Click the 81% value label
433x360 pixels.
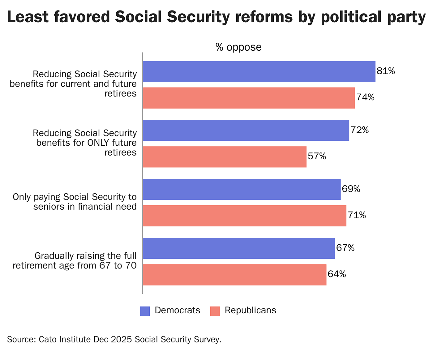click(x=386, y=71)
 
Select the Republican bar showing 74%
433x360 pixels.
click(x=249, y=98)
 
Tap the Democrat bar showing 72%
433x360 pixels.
click(x=246, y=130)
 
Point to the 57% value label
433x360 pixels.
click(x=317, y=156)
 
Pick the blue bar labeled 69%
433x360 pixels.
click(x=242, y=189)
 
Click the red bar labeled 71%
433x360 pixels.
click(x=244, y=216)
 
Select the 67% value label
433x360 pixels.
click(x=345, y=248)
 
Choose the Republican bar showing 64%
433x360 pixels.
click(x=234, y=275)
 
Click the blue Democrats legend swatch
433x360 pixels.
click(x=145, y=311)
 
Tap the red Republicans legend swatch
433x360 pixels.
click(x=215, y=311)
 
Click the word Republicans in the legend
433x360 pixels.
click(x=250, y=310)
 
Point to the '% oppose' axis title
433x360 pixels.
click(x=238, y=47)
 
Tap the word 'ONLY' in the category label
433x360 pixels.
click(x=102, y=143)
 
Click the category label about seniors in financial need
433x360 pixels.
click(x=75, y=202)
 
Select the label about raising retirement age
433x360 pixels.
click(x=75, y=261)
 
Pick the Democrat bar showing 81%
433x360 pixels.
click(x=259, y=71)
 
